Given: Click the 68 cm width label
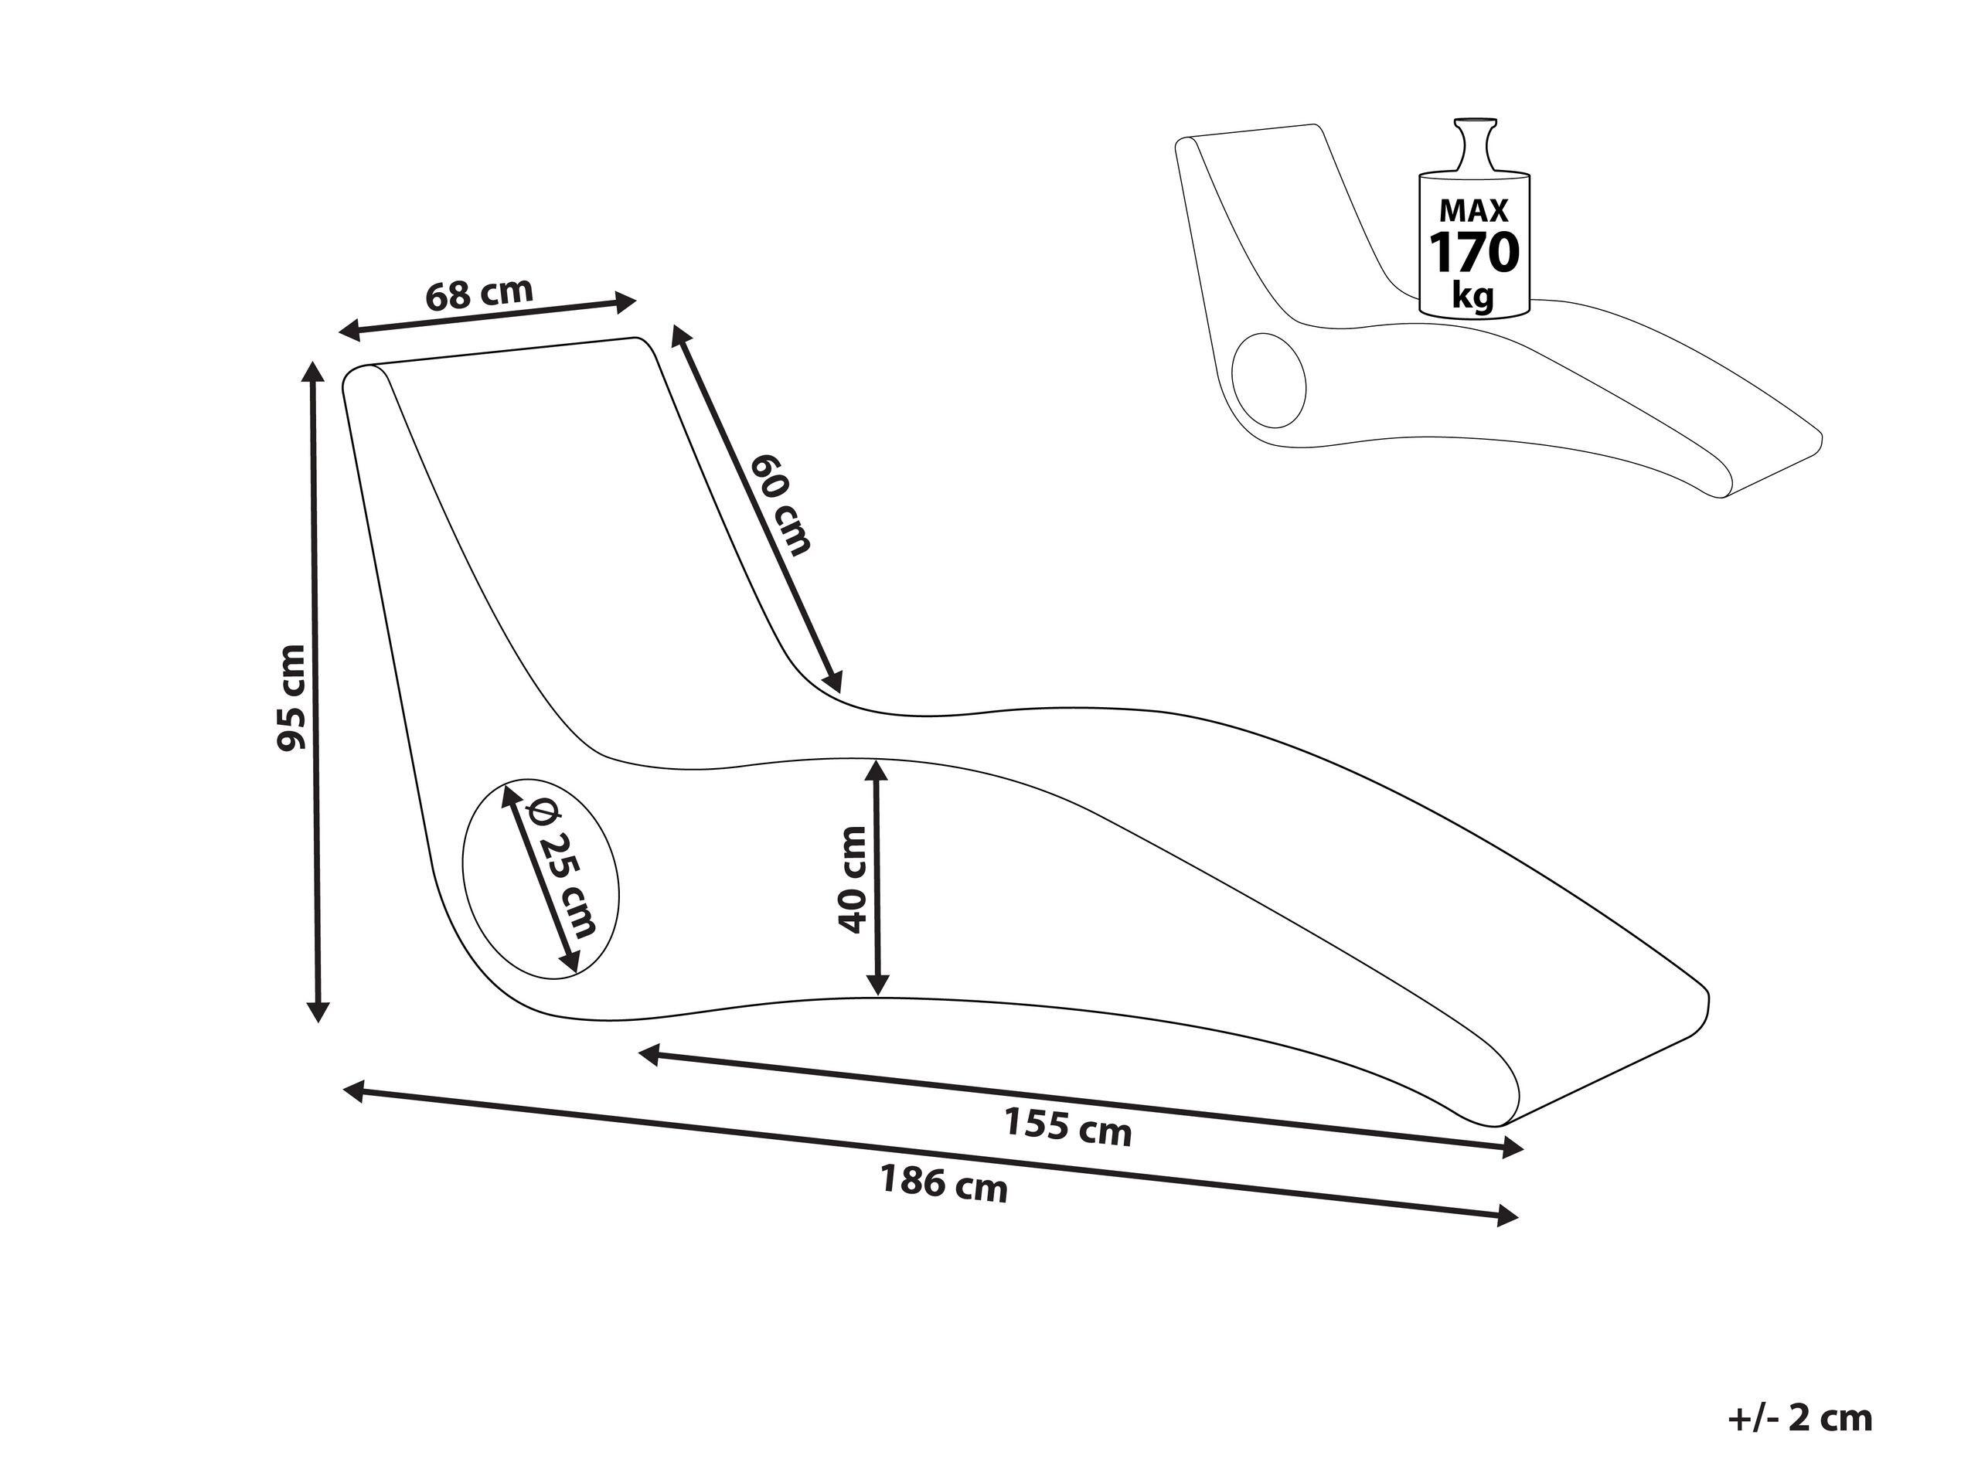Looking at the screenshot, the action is [x=479, y=293].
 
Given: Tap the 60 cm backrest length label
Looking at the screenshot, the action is [x=781, y=504].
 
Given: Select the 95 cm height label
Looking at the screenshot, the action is [x=291, y=697].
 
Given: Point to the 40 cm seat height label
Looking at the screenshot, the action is [x=853, y=879].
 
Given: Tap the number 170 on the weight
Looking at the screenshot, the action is [x=1475, y=252].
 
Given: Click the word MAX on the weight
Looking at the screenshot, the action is [x=1474, y=210].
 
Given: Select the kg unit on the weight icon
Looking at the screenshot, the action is [x=1472, y=294].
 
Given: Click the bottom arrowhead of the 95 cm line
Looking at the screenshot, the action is [x=318, y=1010].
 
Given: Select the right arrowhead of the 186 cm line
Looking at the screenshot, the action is [x=1506, y=1215].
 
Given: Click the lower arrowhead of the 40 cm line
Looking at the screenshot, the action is [x=878, y=983].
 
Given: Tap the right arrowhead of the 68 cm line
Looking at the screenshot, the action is [x=623, y=301].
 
